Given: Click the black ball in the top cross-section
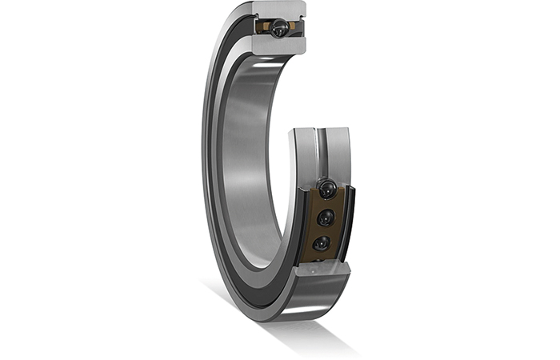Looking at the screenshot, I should click(280, 29).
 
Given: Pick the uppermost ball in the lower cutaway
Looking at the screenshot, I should click(326, 190).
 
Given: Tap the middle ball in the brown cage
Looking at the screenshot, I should click(325, 218).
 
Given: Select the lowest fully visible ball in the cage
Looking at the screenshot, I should click(322, 243).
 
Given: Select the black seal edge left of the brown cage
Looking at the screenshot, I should click(302, 224).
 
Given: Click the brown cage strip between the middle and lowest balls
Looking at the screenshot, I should click(323, 231).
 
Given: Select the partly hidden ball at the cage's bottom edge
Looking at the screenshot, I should click(318, 259).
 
